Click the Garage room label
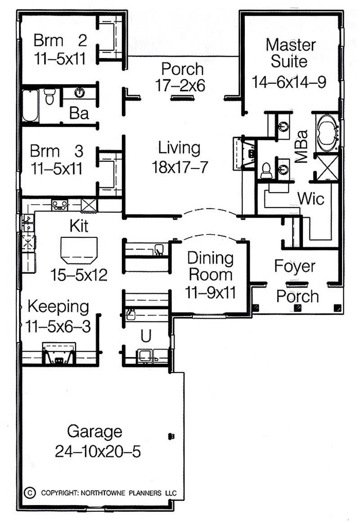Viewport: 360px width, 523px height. click(x=94, y=431)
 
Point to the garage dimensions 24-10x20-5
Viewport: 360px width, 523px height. click(x=98, y=451)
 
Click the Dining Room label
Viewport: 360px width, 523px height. click(x=210, y=266)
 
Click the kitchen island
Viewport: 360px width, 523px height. click(x=79, y=250)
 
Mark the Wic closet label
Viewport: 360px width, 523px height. click(x=310, y=198)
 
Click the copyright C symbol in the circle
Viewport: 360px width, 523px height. click(x=30, y=492)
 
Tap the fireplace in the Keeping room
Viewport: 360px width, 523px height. click(x=58, y=354)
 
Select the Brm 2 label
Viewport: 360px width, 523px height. click(x=60, y=40)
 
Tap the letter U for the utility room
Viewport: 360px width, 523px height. click(x=145, y=335)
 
